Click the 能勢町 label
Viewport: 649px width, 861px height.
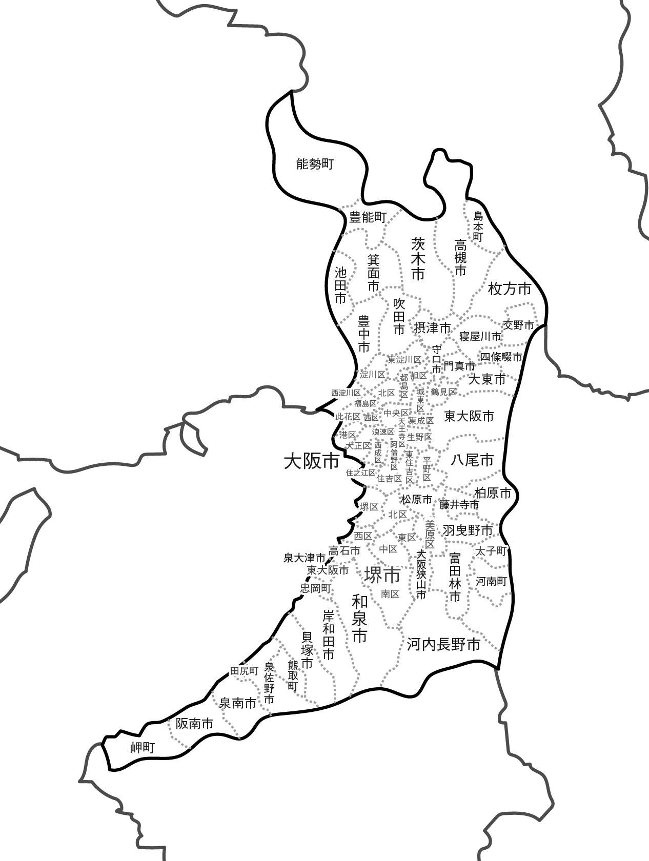(315, 164)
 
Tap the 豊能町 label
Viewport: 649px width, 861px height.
(368, 217)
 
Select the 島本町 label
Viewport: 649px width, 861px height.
(478, 226)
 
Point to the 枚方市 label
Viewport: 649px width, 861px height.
(510, 289)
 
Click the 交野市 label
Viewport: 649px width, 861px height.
(518, 325)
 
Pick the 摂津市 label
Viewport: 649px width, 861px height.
(432, 327)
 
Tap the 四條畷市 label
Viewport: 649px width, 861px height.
(501, 357)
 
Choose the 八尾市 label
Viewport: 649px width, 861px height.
(472, 460)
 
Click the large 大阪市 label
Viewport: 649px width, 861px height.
(312, 461)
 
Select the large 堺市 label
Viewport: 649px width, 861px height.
(382, 575)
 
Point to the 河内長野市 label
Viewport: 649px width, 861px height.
(443, 644)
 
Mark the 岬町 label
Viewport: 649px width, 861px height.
(142, 748)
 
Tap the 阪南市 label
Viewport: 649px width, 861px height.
(194, 724)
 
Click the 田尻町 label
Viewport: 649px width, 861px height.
(244, 671)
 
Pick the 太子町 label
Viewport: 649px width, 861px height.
(491, 551)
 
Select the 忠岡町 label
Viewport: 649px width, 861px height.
(316, 588)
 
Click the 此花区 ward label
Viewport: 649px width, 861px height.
(348, 417)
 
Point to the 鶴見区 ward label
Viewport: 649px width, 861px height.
(443, 392)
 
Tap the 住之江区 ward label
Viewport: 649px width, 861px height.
(360, 473)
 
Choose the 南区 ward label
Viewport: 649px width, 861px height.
(390, 594)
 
